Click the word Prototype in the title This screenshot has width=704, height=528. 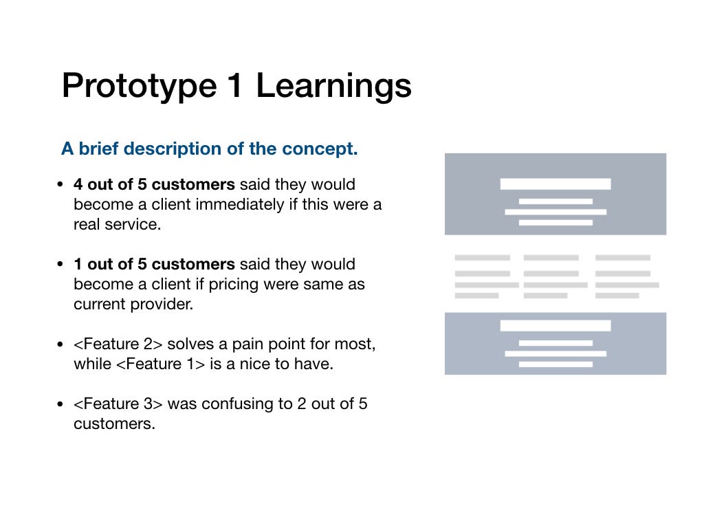click(140, 86)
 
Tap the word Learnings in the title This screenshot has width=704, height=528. click(333, 86)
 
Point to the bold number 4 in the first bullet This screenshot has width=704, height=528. click(78, 184)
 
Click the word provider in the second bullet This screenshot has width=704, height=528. click(162, 305)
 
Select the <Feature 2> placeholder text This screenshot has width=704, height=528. click(118, 344)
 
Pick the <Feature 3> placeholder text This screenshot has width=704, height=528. click(118, 404)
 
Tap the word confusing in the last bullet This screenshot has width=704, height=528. click(238, 404)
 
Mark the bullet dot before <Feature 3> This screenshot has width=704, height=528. click(60, 404)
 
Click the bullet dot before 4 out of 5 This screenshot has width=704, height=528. click(60, 184)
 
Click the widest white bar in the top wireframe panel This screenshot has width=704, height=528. click(555, 184)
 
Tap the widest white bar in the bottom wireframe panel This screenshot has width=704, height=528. click(555, 325)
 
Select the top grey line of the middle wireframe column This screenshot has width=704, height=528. click(551, 258)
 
